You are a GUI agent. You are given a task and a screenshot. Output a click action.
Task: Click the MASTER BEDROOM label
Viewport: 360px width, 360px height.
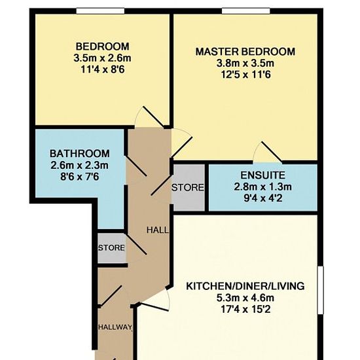coord(245,52)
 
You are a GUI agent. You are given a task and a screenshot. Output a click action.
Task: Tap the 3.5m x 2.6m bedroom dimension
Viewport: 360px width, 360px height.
coord(102,58)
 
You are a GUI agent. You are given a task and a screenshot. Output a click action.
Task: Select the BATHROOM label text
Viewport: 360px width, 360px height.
coord(80,154)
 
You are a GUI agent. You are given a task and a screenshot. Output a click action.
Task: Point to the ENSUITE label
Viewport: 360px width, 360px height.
coord(262,175)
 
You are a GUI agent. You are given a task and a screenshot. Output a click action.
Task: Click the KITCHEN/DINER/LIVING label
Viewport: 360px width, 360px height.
coord(245,286)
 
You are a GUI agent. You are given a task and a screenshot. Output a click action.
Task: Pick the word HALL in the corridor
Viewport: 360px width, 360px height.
coord(158,230)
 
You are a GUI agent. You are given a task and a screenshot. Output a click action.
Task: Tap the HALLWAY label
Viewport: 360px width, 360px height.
coord(115,327)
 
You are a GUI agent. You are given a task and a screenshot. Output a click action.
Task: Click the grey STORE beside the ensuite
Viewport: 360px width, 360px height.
coord(188,188)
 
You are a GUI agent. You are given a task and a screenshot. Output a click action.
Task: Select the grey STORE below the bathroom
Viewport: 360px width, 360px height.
coord(111,247)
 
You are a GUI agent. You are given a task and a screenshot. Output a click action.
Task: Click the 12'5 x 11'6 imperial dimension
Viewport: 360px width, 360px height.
coord(245,75)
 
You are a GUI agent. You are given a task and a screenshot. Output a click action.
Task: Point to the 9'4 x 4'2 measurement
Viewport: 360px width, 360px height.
coord(263,198)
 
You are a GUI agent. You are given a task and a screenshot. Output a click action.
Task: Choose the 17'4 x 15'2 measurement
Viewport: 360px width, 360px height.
coord(245,310)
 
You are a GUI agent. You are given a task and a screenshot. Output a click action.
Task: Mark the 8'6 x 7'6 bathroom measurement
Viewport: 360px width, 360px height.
coord(79,177)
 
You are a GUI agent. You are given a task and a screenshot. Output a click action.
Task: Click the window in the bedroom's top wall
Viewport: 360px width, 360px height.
coord(100,11)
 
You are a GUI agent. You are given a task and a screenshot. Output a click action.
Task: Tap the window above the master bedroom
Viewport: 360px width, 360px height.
coord(246,11)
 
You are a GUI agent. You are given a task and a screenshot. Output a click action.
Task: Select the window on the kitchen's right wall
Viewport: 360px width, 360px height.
coord(321,290)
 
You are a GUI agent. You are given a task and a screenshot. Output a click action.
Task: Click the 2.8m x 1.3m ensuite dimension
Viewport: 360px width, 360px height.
coord(262,187)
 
